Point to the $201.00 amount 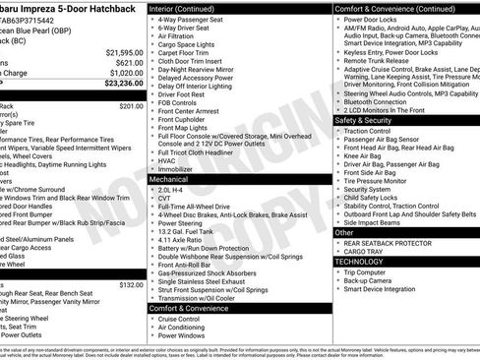[131, 105]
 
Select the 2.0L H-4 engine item [171, 188]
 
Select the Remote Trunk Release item [380, 61]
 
